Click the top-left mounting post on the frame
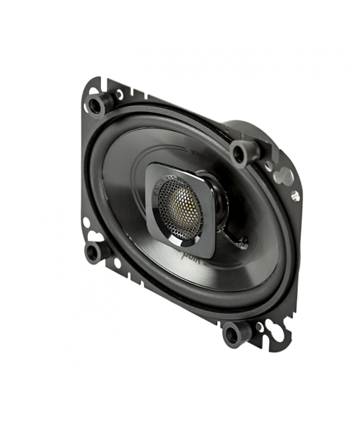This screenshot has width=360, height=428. point(96,102)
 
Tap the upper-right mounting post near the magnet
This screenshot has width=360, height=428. point(239,151)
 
